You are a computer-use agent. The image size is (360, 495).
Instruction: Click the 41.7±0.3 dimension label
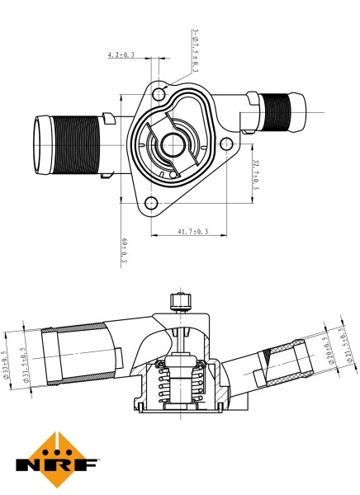pyautogui.click(x=192, y=232)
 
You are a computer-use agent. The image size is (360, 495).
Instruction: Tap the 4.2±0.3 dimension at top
pyautogui.click(x=121, y=55)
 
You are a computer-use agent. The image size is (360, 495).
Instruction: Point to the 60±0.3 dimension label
pyautogui.click(x=125, y=250)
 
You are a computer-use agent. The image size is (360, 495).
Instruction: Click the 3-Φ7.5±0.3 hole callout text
pyautogui.click(x=196, y=51)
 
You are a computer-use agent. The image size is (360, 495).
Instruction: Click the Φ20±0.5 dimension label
pyautogui.click(x=329, y=347)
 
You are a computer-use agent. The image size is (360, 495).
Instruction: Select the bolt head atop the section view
pyautogui.click(x=179, y=298)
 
